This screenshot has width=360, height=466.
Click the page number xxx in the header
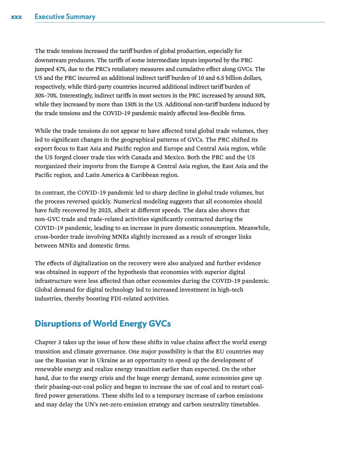(x=16, y=17)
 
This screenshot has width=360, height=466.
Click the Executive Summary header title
(x=65, y=17)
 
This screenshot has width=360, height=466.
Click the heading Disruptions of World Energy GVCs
(x=102, y=324)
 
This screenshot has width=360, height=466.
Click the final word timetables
(x=244, y=404)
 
